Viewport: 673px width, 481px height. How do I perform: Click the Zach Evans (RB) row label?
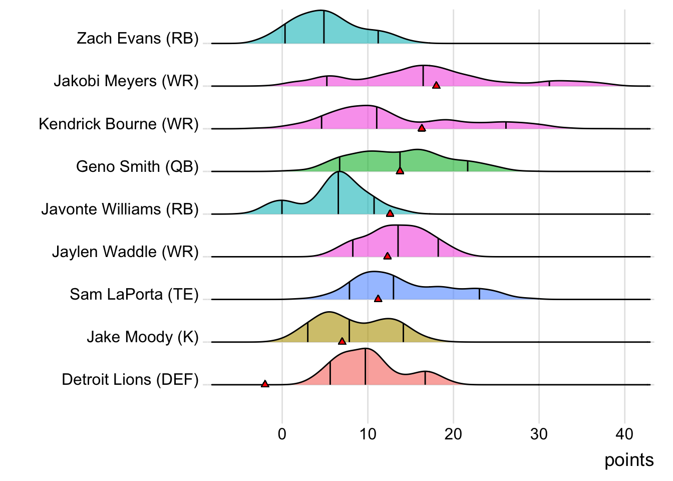[x=138, y=39]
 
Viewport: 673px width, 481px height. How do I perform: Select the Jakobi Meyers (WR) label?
[x=126, y=81]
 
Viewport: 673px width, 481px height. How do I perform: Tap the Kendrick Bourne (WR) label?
[x=119, y=124]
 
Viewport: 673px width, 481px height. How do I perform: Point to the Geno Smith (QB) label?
[x=137, y=166]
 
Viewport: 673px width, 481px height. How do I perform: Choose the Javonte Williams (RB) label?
[x=120, y=209]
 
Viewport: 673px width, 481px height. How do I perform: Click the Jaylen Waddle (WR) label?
[x=125, y=252]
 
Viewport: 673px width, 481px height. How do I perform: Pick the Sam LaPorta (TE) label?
[x=134, y=294]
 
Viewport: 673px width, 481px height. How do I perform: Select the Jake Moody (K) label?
[x=143, y=337]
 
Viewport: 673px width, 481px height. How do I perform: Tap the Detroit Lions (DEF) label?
[x=130, y=379]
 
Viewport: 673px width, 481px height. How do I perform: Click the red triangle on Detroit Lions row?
[x=265, y=384]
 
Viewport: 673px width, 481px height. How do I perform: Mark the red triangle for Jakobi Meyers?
[x=436, y=86]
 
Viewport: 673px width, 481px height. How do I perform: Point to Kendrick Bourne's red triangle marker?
[x=422, y=128]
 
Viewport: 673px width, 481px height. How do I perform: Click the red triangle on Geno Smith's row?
[x=400, y=171]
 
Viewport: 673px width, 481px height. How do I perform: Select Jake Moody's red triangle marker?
[x=342, y=341]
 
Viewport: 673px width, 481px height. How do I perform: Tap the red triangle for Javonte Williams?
[x=390, y=213]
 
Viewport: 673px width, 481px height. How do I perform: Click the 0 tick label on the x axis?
[x=282, y=434]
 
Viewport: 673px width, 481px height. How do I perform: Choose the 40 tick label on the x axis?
[x=624, y=434]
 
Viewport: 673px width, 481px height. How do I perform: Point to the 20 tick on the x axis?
[x=453, y=434]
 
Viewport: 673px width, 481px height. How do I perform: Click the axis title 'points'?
[x=629, y=460]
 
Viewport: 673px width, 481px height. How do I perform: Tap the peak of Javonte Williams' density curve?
[x=339, y=172]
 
